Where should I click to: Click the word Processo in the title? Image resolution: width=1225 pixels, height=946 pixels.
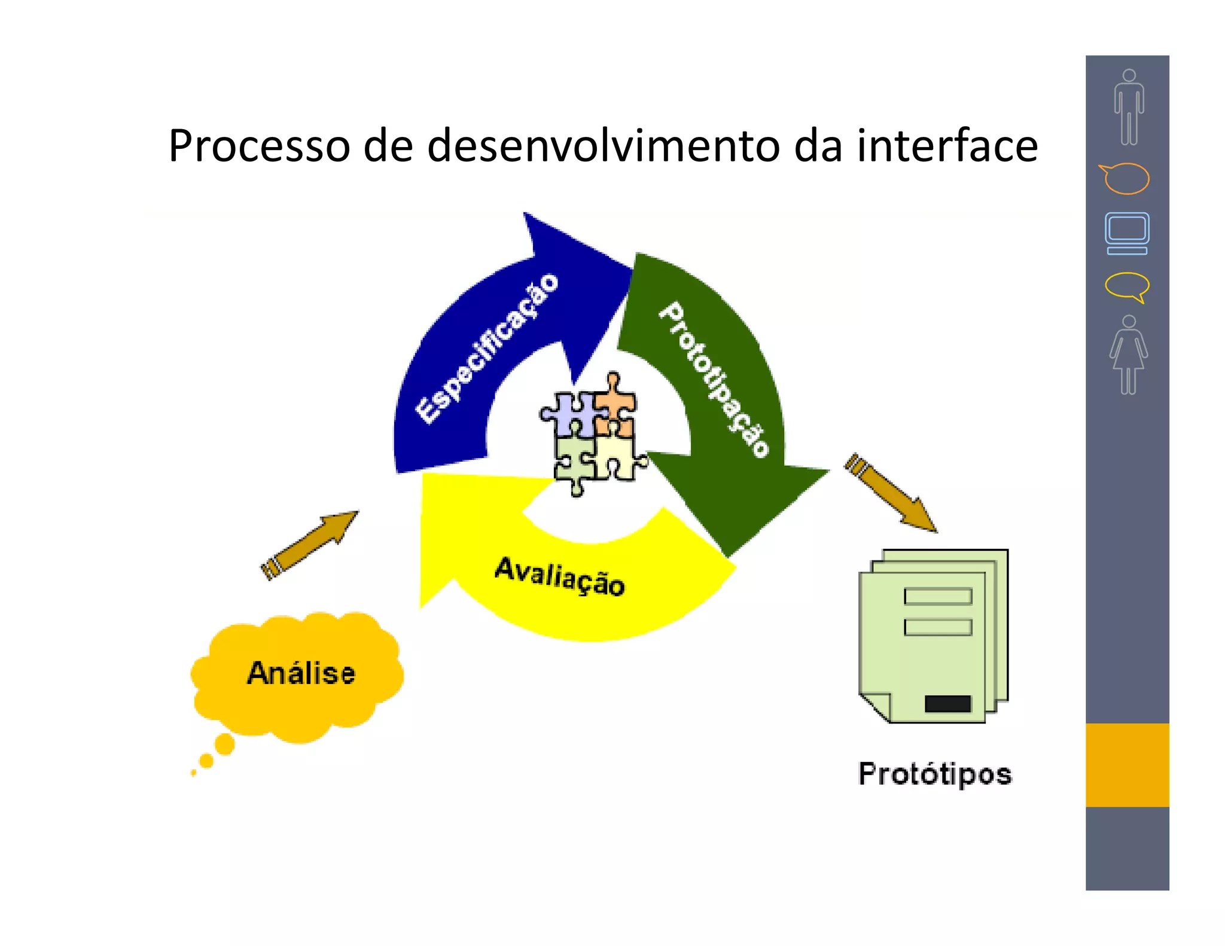pyautogui.click(x=259, y=147)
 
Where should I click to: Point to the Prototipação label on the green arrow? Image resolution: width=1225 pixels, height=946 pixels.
pyautogui.click(x=714, y=379)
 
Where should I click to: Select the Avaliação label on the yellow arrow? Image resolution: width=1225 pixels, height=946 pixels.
pyautogui.click(x=560, y=576)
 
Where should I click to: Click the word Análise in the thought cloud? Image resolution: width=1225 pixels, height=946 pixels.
pyautogui.click(x=301, y=673)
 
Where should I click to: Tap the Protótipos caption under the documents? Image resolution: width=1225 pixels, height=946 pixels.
pyautogui.click(x=935, y=774)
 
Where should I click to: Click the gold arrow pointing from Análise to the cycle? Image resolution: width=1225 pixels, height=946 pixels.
pyautogui.click(x=309, y=545)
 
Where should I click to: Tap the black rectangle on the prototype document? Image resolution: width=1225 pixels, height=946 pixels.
pyautogui.click(x=947, y=703)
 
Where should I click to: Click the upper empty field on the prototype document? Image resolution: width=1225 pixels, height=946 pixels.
pyautogui.click(x=937, y=596)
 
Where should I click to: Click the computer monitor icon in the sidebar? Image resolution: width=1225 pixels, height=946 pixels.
pyautogui.click(x=1127, y=233)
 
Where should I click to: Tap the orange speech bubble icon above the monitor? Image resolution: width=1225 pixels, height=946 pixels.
pyautogui.click(x=1125, y=178)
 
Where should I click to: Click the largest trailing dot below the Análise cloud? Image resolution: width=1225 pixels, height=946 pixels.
pyautogui.click(x=225, y=744)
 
